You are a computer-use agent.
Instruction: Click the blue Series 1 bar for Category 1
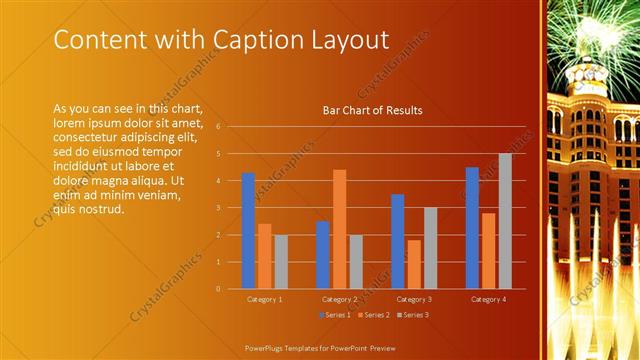click(248, 231)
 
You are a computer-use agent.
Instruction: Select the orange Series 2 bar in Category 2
click(340, 229)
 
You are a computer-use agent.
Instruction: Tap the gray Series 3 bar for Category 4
click(505, 221)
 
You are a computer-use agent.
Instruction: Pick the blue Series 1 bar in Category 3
click(397, 241)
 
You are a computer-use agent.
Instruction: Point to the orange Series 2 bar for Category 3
click(413, 264)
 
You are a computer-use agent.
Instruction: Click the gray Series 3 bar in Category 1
click(280, 262)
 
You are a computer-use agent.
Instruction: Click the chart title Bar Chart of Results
click(372, 110)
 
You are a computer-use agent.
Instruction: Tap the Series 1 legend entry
click(334, 315)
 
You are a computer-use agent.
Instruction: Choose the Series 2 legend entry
click(373, 315)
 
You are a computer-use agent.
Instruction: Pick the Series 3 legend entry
click(413, 315)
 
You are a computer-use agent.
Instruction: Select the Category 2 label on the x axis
click(340, 299)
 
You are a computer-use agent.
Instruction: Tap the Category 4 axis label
click(489, 299)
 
